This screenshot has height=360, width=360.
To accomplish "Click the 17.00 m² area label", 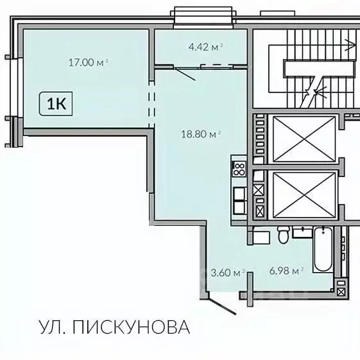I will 89,62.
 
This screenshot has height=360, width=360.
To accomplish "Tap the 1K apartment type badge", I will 56,103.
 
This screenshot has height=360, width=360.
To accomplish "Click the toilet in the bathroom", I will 282,237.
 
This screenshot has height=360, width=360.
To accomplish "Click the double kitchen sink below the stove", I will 239,198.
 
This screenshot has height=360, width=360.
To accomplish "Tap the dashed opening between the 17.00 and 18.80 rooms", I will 152,103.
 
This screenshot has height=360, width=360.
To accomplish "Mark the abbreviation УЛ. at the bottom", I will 54,327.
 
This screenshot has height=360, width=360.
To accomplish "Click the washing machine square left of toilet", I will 259,237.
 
